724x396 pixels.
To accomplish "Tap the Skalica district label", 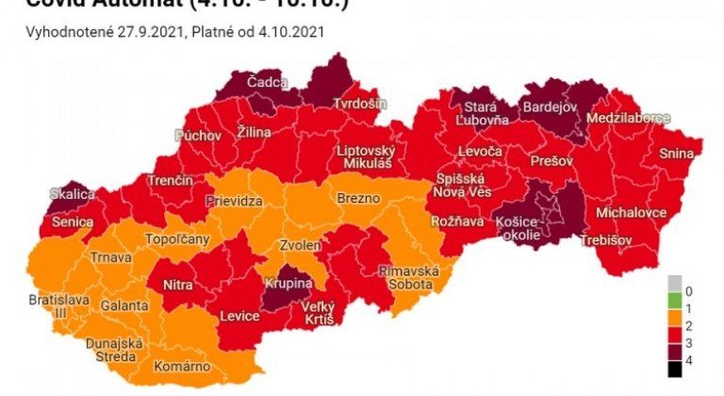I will point(73,194).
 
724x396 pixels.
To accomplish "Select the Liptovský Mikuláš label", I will point(371,157).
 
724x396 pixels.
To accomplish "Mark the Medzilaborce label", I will point(628,119).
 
